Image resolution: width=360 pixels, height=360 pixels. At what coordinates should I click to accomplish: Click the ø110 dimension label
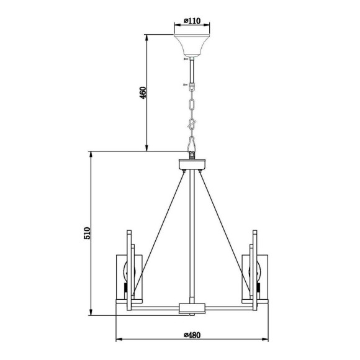coord(192,22)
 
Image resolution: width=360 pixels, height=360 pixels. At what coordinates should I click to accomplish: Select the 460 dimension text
coord(142,93)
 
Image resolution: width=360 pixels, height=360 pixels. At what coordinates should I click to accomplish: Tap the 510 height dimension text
coord(88,233)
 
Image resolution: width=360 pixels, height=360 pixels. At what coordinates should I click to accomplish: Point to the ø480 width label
coord(192,335)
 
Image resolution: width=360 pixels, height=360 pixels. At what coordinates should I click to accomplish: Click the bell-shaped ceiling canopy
coord(192,44)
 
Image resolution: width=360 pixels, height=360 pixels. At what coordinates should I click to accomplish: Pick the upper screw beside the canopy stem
coord(184,60)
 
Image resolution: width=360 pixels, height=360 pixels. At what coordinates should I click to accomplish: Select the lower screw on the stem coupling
coord(185,84)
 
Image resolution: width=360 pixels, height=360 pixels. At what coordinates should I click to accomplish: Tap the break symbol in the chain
coord(192,125)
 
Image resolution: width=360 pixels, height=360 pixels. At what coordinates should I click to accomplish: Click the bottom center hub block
coord(192,307)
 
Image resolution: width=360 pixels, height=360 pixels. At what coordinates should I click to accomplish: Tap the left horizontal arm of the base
coord(155,307)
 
